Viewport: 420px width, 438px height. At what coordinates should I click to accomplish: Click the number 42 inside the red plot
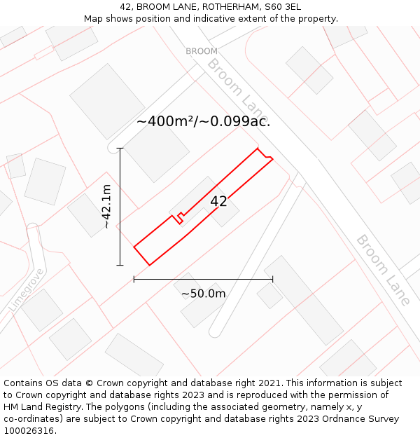coord(218,202)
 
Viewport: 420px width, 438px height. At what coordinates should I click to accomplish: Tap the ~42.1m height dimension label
coord(106,207)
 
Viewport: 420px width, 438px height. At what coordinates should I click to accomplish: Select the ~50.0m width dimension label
coord(203,294)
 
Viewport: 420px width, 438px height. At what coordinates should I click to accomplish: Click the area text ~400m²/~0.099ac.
coord(203,121)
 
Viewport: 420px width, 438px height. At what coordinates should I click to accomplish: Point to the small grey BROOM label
coord(202,51)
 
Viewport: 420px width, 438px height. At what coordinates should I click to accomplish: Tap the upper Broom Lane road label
coord(237,89)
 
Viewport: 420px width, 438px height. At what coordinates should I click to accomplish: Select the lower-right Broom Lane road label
coord(383,270)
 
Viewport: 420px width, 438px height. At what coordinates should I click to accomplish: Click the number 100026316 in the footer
coord(28,431)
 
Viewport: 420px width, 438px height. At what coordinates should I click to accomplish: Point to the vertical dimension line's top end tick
coord(120,149)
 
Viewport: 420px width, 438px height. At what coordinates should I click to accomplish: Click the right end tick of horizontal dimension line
coord(273,279)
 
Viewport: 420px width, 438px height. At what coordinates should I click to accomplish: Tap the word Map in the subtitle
coord(94,19)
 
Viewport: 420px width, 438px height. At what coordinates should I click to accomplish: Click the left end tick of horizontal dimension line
coord(134,279)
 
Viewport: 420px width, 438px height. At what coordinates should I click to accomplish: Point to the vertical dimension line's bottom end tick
coord(120,265)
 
